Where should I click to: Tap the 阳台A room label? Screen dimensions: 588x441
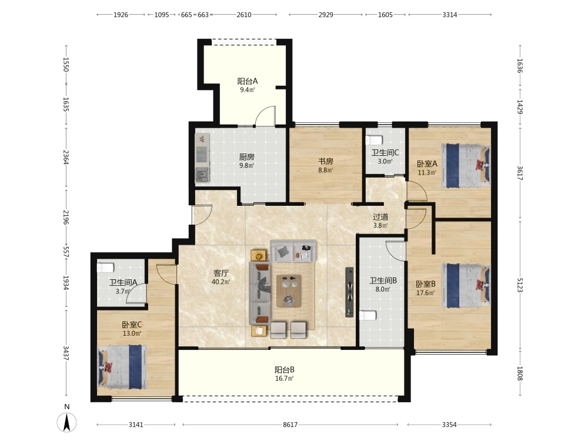[248, 81]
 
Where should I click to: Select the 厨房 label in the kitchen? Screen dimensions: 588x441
[247, 157]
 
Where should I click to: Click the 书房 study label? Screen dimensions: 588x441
[326, 161]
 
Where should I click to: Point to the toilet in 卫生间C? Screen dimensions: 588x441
[374, 140]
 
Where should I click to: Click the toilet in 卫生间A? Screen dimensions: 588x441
[105, 268]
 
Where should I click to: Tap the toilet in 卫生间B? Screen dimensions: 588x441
[367, 316]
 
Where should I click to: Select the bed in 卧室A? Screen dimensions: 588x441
[466, 166]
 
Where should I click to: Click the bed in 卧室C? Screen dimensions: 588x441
[122, 367]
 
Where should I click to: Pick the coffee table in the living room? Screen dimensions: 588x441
[289, 291]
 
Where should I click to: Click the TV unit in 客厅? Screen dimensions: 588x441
[349, 292]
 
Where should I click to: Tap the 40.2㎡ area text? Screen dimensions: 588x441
[220, 282]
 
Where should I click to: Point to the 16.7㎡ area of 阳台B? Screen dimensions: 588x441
[284, 378]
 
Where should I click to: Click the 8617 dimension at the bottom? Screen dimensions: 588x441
[290, 425]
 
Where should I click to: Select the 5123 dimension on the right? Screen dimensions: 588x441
[520, 285]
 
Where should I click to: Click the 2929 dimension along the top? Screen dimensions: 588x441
[326, 15]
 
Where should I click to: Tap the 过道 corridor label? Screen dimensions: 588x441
[380, 217]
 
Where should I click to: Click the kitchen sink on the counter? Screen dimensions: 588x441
[202, 175]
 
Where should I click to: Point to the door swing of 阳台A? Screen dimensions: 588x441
[265, 115]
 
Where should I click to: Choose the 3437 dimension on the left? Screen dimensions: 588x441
[66, 353]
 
